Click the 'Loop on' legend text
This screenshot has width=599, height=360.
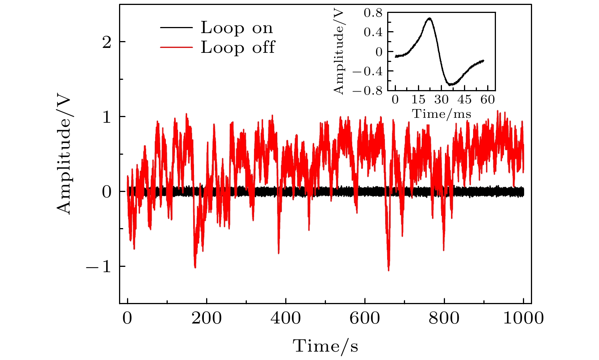(x=237, y=28)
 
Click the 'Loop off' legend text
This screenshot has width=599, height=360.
(x=238, y=48)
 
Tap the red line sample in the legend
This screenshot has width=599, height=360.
(x=176, y=47)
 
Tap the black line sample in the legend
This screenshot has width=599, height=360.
(x=176, y=27)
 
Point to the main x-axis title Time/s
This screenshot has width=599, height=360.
(x=325, y=346)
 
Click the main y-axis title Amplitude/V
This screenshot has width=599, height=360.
(x=64, y=154)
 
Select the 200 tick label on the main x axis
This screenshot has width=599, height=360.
(x=207, y=318)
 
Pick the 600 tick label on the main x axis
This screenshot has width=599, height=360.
(x=365, y=318)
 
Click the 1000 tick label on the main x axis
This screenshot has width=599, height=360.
(x=523, y=318)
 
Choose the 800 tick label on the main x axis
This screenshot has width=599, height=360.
(x=444, y=318)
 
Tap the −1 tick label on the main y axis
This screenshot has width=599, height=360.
(x=100, y=266)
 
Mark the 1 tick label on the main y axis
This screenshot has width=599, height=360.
(x=107, y=117)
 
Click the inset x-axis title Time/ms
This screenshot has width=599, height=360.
(x=442, y=114)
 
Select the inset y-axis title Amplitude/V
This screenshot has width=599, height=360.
(x=338, y=52)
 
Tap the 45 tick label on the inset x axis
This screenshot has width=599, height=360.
(x=464, y=100)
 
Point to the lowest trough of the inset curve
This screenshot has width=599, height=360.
(x=450, y=84)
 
